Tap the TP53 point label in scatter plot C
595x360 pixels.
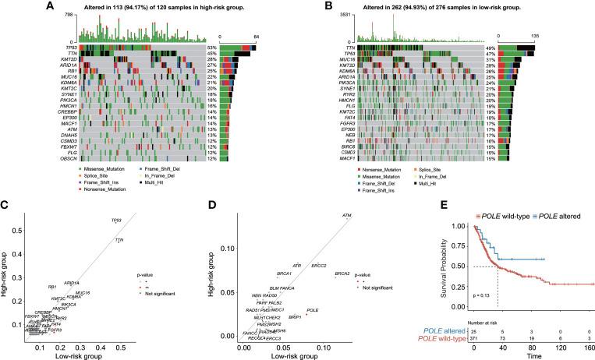[x=116, y=221]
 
